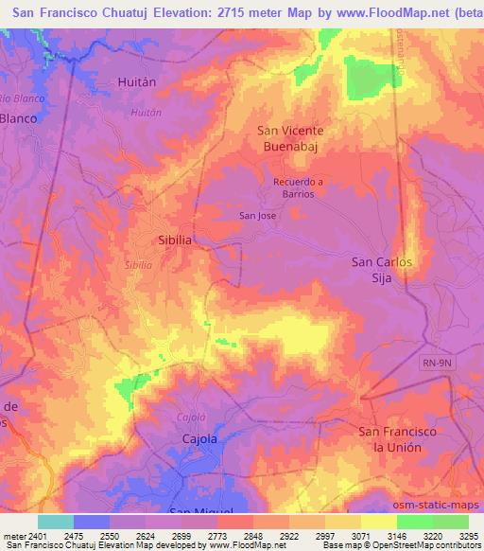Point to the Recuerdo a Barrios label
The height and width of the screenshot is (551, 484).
click(298, 187)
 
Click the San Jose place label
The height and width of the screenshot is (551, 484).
click(257, 216)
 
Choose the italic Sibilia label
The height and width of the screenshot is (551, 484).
click(139, 266)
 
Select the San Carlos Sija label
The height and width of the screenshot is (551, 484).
click(382, 269)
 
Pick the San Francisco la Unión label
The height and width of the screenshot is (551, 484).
click(397, 439)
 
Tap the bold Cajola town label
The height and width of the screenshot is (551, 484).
click(199, 439)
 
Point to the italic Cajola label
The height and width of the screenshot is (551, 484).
click(191, 417)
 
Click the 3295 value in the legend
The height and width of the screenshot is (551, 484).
click(470, 537)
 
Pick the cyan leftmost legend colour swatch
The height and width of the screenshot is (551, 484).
click(55, 522)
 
